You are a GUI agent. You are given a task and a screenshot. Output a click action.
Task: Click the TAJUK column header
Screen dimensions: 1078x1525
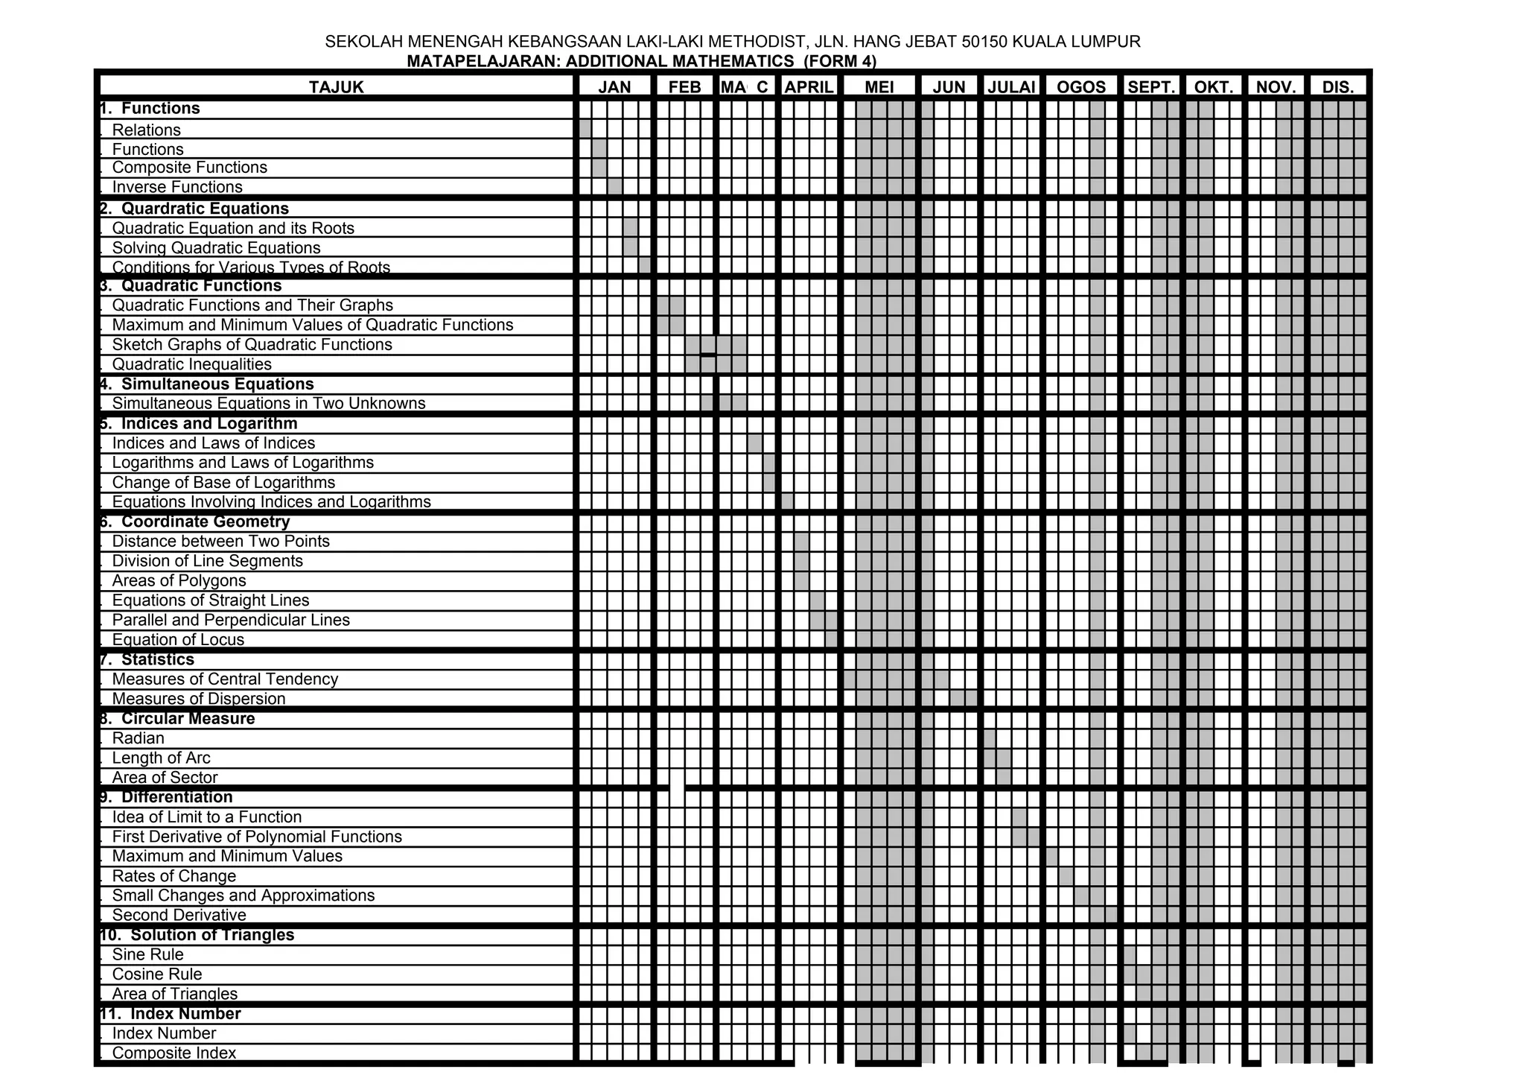pos(337,87)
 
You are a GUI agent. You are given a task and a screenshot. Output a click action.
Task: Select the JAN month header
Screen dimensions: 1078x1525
pos(614,87)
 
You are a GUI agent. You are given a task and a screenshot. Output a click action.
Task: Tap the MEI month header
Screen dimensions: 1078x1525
pos(879,87)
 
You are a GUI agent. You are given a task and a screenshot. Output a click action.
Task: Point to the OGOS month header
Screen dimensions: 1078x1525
pos(1081,87)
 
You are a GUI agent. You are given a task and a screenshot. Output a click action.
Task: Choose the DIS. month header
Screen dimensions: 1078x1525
pos(1338,87)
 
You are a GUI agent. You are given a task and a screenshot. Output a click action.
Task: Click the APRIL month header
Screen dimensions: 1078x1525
pos(809,87)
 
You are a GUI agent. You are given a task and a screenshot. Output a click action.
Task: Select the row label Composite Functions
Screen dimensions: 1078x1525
pos(189,168)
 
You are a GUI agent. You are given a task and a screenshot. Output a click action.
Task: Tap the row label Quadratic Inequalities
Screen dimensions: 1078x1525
pos(191,364)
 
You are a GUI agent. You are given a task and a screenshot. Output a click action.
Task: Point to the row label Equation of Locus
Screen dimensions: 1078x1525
pos(178,640)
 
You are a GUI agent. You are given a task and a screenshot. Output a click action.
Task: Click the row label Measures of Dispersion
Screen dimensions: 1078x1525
pos(199,699)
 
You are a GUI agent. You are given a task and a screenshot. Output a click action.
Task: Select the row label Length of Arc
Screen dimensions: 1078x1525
pos(161,758)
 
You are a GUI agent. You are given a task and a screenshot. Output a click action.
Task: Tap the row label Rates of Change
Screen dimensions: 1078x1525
pos(173,876)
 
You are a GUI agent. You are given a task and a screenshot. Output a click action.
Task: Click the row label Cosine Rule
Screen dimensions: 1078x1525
pos(156,974)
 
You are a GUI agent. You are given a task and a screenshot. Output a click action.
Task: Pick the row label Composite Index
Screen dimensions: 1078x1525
pos(173,1053)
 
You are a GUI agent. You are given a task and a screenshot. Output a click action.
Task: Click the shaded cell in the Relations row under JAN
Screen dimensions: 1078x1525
pos(585,129)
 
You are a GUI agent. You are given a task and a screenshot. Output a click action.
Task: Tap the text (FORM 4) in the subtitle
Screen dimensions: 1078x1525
pos(840,61)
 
